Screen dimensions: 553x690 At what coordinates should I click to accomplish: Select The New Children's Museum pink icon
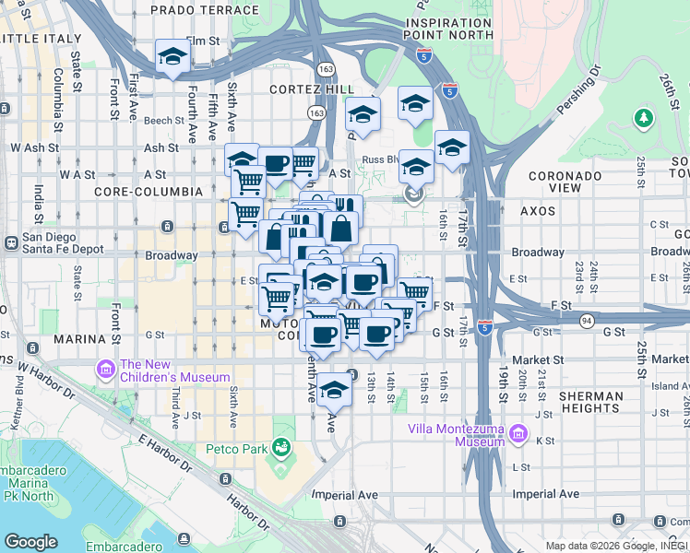[x=105, y=371]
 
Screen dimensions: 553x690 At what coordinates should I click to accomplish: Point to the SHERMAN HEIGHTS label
[x=591, y=402]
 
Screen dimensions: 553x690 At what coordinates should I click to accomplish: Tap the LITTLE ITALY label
[x=33, y=38]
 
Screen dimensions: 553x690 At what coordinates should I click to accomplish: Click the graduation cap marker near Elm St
[x=172, y=57]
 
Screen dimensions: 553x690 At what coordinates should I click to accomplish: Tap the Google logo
[x=30, y=542]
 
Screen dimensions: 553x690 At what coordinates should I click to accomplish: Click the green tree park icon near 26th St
[x=643, y=118]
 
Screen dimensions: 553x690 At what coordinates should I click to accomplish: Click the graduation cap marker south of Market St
[x=335, y=390]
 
